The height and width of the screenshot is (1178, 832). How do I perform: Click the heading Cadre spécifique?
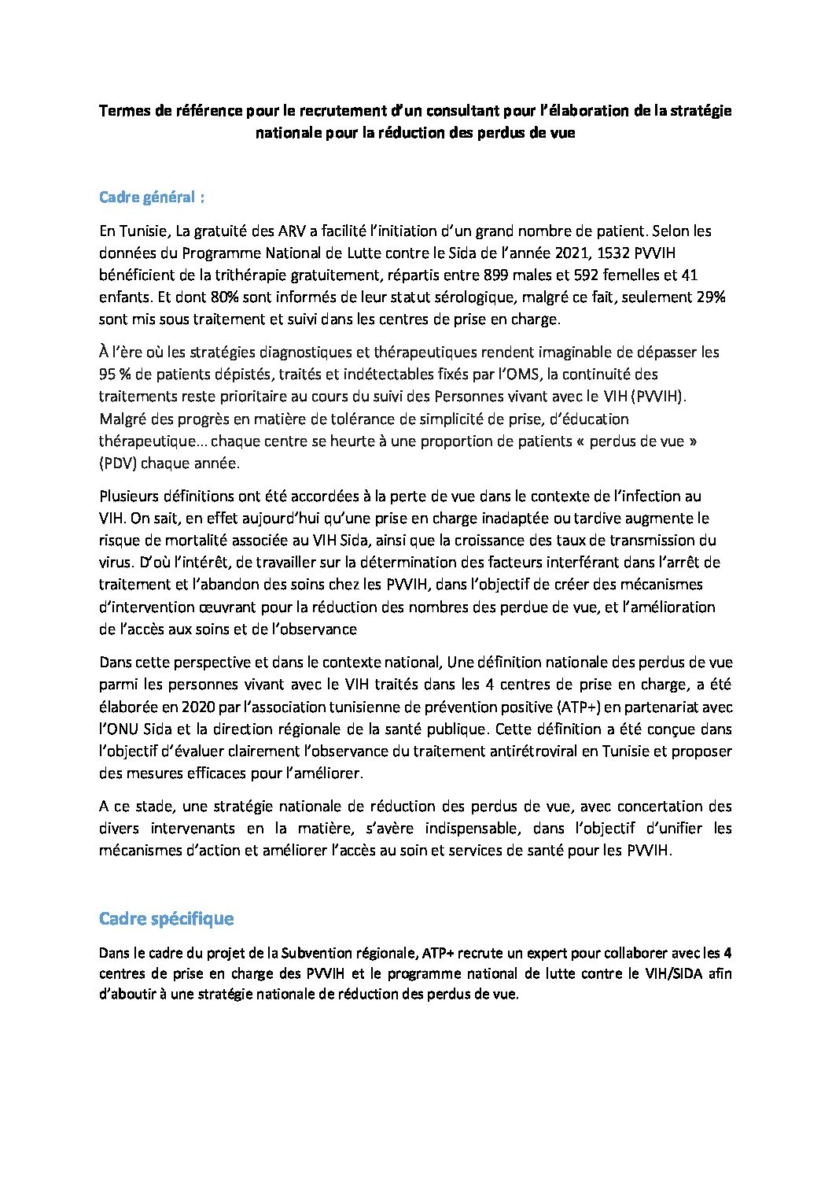(166, 918)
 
